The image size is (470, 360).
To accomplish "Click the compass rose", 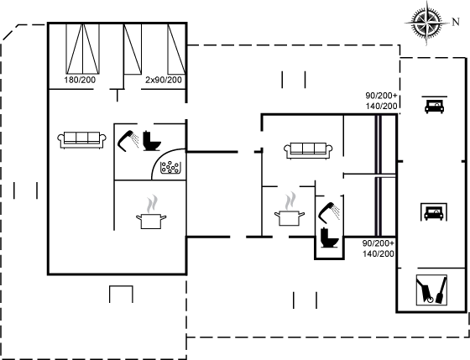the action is (426, 23).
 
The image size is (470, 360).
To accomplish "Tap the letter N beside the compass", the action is (456, 22).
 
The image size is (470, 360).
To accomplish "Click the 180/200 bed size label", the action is (80, 80).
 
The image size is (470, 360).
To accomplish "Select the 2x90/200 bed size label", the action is (164, 80).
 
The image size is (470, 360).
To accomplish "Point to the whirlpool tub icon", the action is (170, 167).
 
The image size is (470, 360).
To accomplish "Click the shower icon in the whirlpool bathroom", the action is (128, 141).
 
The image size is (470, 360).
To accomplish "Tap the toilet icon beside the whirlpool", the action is (152, 141).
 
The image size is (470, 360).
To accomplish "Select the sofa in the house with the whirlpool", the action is (81, 139).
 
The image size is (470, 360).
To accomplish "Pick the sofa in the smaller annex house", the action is (308, 150).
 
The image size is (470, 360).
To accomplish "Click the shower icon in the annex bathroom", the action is (329, 212).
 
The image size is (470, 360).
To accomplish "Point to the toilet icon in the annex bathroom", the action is (329, 237).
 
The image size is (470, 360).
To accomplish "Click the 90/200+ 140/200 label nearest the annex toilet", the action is (379, 248).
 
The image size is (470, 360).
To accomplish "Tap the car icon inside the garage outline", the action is (434, 213).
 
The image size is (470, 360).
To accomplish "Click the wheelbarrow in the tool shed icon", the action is (426, 290).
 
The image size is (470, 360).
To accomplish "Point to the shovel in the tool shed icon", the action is (441, 290).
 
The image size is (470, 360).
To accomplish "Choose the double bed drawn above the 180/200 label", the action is (82, 49).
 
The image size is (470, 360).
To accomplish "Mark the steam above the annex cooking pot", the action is (290, 201).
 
